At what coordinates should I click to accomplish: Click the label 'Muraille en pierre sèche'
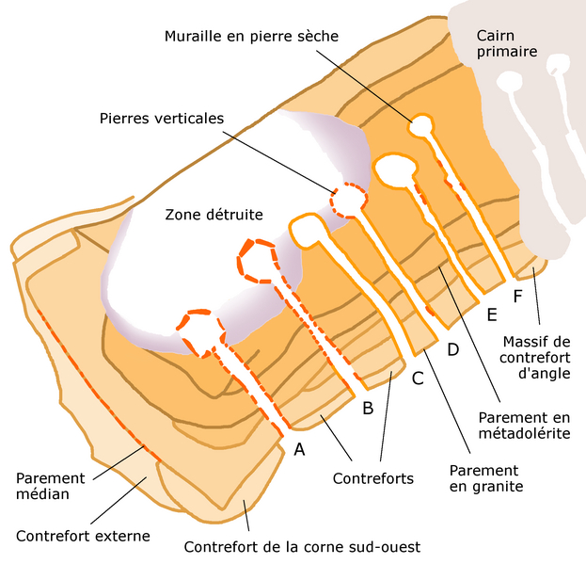[251, 36]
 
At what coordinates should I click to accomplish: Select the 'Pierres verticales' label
[161, 119]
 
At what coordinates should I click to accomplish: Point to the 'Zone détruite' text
[214, 215]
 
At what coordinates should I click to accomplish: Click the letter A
[300, 449]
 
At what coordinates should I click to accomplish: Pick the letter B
[368, 408]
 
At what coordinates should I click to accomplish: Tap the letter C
[418, 380]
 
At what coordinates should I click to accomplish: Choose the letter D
[452, 349]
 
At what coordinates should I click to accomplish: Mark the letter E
[491, 314]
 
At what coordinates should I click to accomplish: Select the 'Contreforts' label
[373, 478]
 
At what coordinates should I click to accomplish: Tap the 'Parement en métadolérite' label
[523, 424]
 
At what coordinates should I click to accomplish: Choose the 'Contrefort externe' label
[83, 536]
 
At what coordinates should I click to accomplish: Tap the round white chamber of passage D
[393, 169]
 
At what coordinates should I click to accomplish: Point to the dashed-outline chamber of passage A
[198, 331]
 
